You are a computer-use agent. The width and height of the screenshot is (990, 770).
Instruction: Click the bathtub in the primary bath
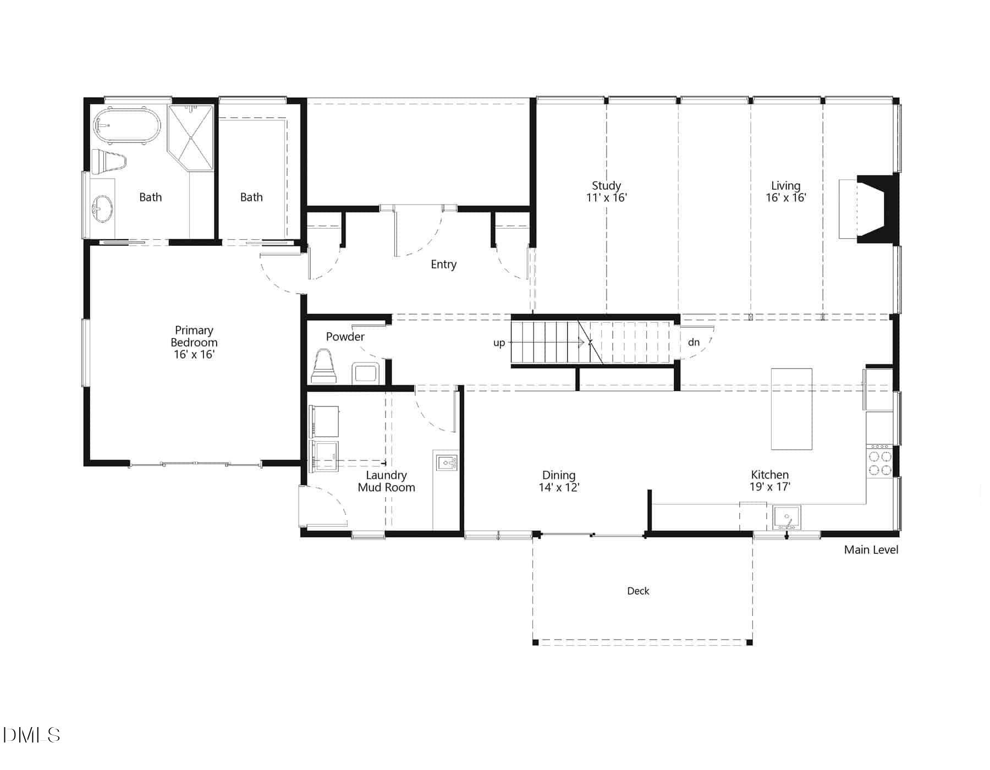[x=127, y=126]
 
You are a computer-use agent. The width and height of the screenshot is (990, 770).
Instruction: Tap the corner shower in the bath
[x=191, y=137]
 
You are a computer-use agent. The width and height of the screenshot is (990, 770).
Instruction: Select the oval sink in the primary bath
[x=102, y=209]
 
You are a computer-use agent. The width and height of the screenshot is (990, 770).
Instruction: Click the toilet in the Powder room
[x=324, y=367]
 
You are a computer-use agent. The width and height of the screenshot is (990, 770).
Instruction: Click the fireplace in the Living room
[x=875, y=209]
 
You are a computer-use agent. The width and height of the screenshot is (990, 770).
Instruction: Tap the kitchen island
[x=791, y=409]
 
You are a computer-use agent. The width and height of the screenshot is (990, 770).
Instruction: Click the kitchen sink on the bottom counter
[x=787, y=518]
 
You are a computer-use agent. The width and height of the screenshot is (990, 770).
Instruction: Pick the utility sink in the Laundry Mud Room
[x=447, y=463]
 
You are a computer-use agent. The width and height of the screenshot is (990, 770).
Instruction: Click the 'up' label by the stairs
[x=499, y=343]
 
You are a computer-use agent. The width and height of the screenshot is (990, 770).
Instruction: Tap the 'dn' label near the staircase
[x=694, y=342]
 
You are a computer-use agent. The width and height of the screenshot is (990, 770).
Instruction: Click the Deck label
[x=638, y=591]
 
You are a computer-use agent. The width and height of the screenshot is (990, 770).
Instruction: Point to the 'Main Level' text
[x=871, y=549]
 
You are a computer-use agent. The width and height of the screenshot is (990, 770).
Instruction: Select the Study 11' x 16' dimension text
[x=606, y=197]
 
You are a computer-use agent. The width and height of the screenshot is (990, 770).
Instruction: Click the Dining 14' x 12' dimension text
[x=559, y=487]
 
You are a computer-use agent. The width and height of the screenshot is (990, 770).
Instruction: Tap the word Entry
[x=443, y=265]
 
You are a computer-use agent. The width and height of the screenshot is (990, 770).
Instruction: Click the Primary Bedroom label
[x=194, y=336]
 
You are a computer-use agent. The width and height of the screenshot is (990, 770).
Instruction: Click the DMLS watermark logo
[x=31, y=735]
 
